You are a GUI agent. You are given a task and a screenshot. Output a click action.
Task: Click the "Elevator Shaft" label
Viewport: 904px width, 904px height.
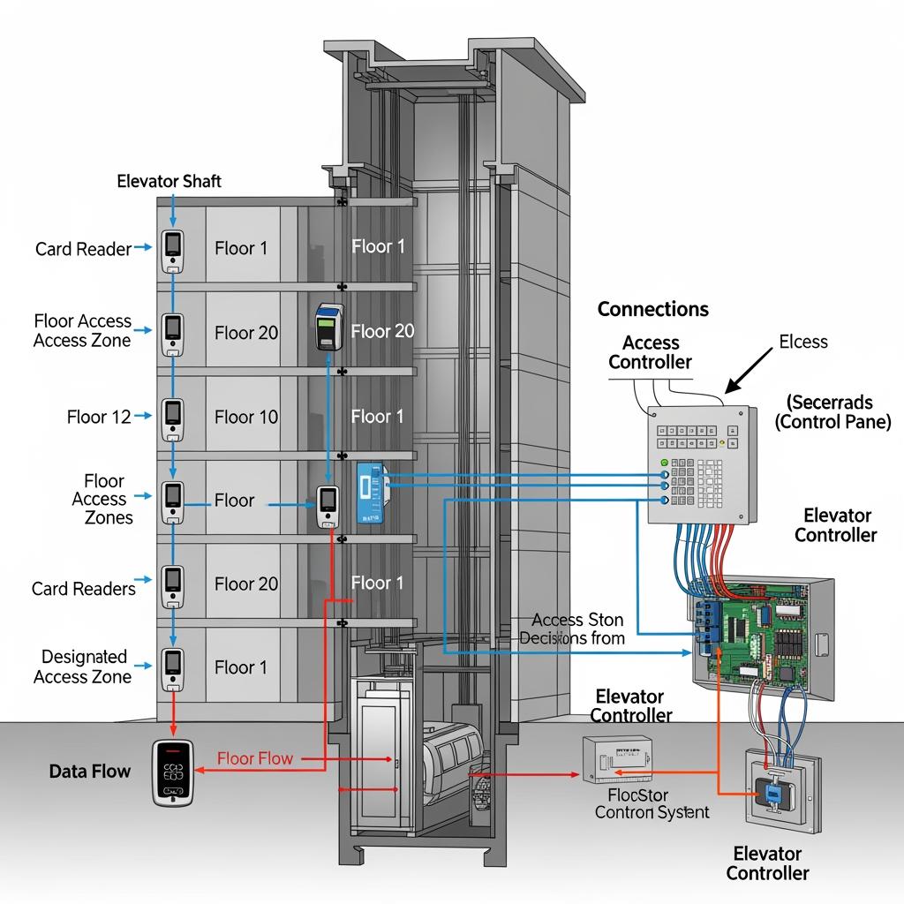pyautogui.click(x=169, y=181)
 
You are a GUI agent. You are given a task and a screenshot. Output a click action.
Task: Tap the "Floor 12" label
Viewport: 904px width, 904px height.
pyautogui.click(x=99, y=417)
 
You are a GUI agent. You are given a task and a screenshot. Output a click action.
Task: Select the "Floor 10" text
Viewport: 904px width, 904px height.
pyautogui.click(x=246, y=417)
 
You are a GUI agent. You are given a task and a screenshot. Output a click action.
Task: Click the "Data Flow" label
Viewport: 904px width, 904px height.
pyautogui.click(x=90, y=772)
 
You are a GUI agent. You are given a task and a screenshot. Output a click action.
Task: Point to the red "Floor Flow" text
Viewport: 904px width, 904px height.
pyautogui.click(x=255, y=758)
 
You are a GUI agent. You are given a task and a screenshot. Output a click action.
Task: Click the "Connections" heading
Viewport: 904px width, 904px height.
pyautogui.click(x=652, y=309)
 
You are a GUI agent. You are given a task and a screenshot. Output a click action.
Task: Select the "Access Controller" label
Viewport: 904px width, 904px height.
pyautogui.click(x=651, y=352)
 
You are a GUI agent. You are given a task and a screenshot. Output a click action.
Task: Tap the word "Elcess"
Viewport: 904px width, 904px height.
pyautogui.click(x=803, y=342)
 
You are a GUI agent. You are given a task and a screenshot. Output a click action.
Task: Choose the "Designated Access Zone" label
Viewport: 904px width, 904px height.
pyautogui.click(x=84, y=667)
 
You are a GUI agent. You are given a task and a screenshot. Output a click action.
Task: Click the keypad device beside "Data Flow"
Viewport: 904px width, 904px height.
pyautogui.click(x=171, y=772)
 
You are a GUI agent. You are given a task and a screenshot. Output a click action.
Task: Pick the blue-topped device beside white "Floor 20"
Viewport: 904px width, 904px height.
pyautogui.click(x=329, y=328)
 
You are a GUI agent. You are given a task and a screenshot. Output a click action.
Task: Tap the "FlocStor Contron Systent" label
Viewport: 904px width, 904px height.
pyautogui.click(x=652, y=802)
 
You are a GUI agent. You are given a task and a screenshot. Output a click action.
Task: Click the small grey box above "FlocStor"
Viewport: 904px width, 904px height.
pyautogui.click(x=617, y=758)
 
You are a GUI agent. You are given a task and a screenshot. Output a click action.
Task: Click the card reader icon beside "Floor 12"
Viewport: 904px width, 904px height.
pyautogui.click(x=172, y=419)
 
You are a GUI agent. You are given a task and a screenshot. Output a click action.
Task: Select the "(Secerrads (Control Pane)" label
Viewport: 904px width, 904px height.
pyautogui.click(x=832, y=412)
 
